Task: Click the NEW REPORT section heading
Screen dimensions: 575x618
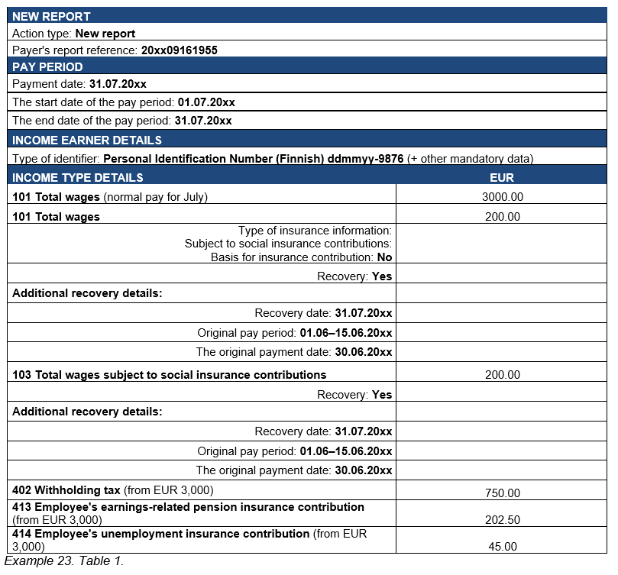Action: click(51, 16)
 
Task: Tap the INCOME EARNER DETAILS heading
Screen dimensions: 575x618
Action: click(86, 141)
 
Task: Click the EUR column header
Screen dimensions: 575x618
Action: click(502, 178)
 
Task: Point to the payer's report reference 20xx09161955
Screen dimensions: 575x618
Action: click(180, 50)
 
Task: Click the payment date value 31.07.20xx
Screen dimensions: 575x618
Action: click(118, 84)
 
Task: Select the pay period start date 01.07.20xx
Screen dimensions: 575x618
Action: click(206, 102)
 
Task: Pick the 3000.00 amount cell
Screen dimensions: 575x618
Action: click(502, 197)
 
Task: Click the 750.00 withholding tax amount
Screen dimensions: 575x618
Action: click(502, 493)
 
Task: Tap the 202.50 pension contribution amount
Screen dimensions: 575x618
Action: click(502, 520)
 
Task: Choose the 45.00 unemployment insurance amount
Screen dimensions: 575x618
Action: click(502, 547)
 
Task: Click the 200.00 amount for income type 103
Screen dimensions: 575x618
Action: click(502, 375)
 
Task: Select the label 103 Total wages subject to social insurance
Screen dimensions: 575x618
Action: click(170, 375)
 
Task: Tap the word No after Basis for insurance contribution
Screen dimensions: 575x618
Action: click(384, 257)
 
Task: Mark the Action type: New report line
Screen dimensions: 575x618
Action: click(73, 34)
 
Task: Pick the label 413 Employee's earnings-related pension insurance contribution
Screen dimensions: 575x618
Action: click(189, 507)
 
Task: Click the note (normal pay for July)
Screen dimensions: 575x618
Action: click(156, 197)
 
